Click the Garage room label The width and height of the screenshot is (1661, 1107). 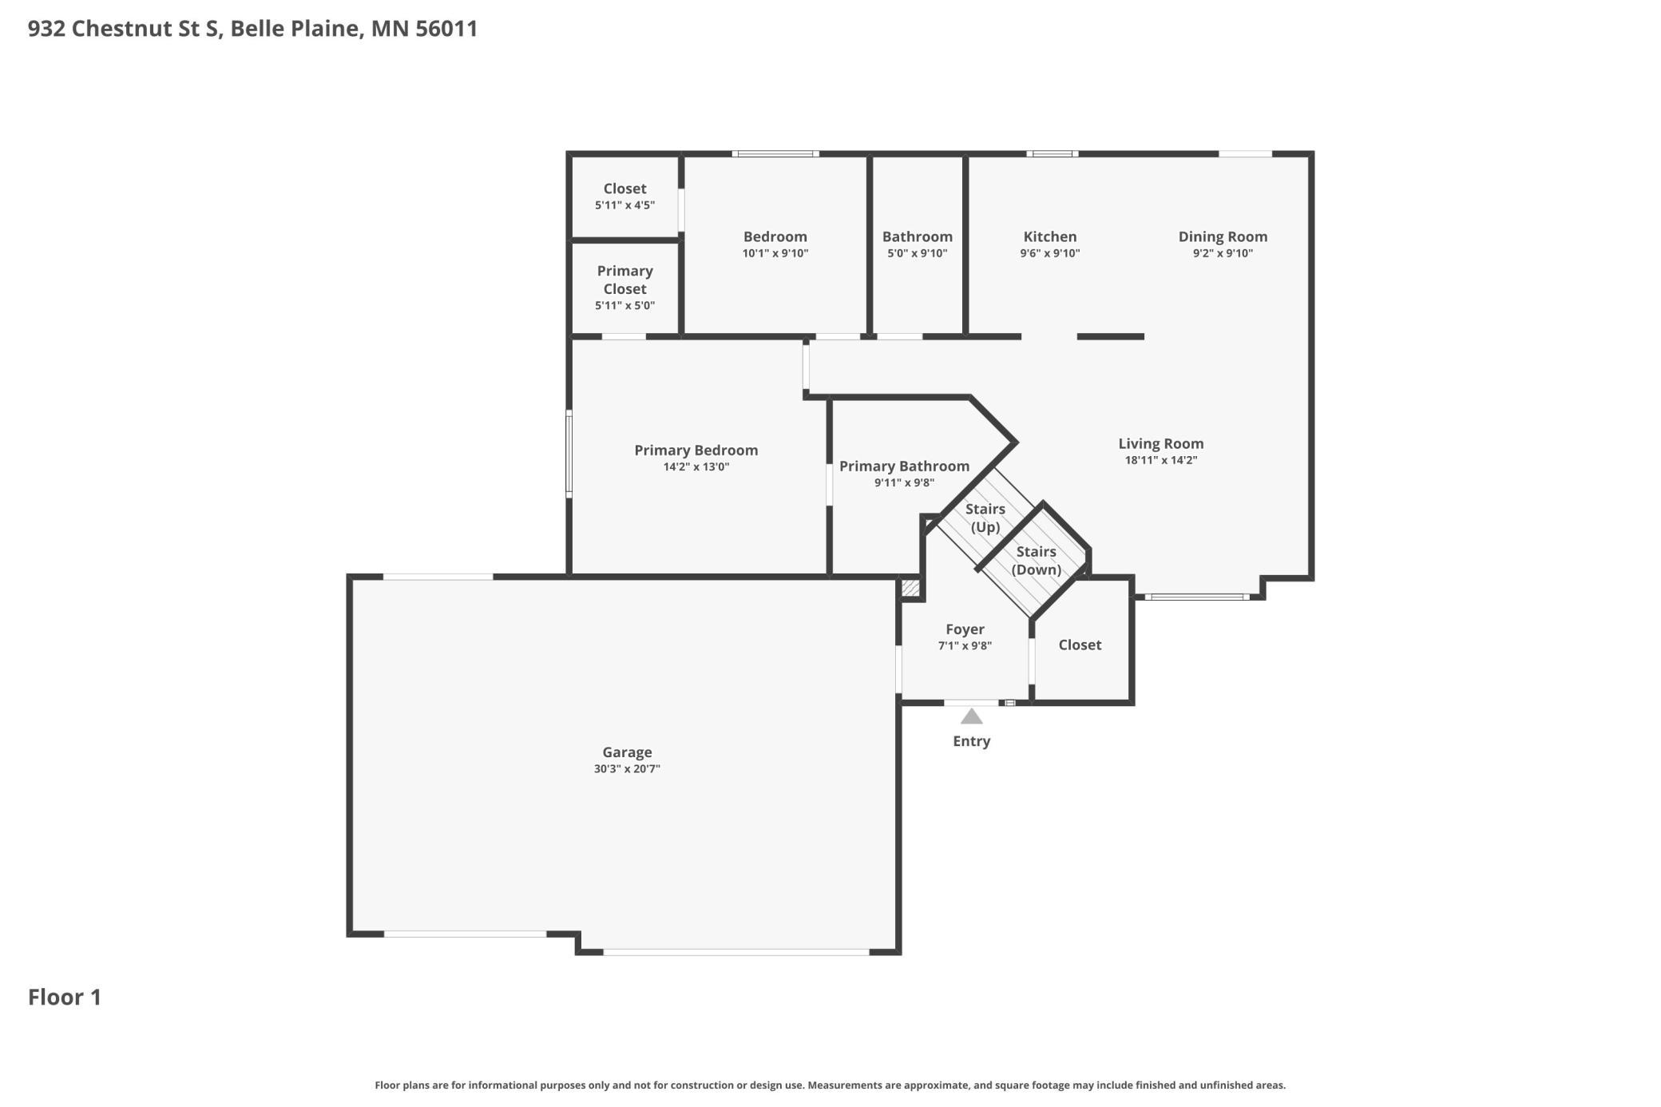627,752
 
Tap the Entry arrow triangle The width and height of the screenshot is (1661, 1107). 971,716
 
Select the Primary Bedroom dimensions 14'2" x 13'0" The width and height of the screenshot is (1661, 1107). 696,467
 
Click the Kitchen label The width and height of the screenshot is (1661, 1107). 1049,236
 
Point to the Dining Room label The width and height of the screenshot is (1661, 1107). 1222,236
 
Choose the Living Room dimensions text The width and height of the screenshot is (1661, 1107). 1160,460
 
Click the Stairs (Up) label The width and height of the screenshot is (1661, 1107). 985,518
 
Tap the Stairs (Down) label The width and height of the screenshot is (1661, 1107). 1036,560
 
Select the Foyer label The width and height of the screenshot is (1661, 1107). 965,629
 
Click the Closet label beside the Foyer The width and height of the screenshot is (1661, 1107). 1080,645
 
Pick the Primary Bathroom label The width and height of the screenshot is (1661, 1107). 904,466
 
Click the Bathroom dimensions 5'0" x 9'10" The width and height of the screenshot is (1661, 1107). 917,253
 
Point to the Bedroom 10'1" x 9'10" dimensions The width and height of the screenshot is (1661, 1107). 775,253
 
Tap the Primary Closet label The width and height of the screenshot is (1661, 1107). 624,280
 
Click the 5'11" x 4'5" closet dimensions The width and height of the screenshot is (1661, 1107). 624,205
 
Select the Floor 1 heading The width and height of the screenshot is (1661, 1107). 65,997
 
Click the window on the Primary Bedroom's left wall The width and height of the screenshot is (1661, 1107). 569,454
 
